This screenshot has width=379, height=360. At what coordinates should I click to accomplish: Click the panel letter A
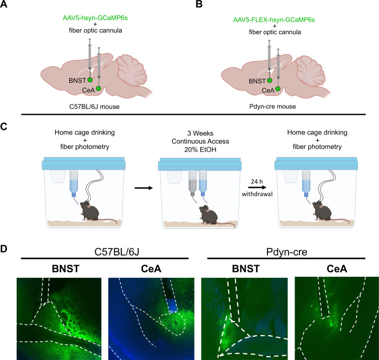tap(5, 7)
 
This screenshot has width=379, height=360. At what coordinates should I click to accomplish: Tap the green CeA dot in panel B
tap(278, 88)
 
